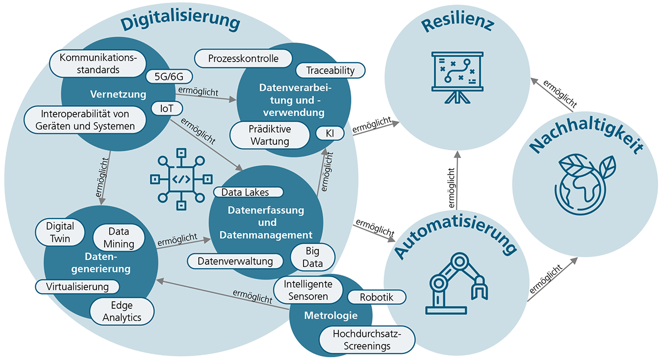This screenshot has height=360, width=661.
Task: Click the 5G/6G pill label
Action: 169,77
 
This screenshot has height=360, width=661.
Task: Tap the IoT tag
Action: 167,108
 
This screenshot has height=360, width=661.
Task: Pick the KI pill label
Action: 330,133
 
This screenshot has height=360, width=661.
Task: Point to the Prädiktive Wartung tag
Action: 269,135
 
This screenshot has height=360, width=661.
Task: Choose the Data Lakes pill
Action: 248,192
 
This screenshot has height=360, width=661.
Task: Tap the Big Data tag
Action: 313,257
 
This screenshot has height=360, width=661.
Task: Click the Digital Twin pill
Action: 60,232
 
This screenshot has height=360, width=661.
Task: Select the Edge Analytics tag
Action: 122,311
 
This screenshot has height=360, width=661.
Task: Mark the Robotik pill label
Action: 377,297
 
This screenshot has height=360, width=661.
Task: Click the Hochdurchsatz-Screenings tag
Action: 366,340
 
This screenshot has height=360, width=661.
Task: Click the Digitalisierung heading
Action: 181,24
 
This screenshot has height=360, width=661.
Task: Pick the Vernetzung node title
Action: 110,95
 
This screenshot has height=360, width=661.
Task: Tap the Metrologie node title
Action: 330,316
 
